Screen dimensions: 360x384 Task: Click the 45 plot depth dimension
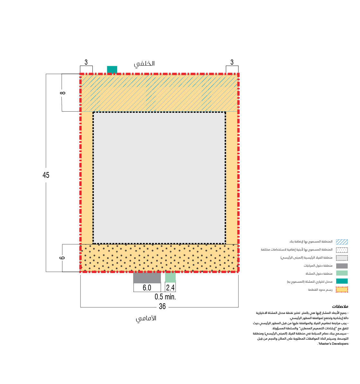[x=46, y=175]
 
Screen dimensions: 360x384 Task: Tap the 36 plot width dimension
[x=162, y=306]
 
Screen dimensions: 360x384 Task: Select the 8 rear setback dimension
[x=63, y=93]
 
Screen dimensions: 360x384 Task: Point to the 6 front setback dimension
[x=62, y=258]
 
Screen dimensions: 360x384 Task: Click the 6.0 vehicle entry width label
[x=147, y=288]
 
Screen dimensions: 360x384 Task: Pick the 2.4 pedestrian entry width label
[x=170, y=288]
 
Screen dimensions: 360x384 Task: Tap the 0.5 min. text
[x=165, y=297]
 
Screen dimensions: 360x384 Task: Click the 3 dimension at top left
[x=86, y=62]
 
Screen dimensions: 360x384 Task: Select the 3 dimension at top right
[x=232, y=62]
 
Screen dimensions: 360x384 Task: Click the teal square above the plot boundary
[x=112, y=69]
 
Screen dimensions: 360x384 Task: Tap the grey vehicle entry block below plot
[x=147, y=278]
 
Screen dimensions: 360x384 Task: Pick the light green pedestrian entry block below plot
[x=170, y=278]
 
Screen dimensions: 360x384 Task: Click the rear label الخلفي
[x=144, y=64]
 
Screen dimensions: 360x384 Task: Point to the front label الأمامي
[x=146, y=318]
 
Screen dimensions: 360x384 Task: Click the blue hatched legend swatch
[x=342, y=242]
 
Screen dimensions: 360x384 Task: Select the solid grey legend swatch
[x=342, y=266]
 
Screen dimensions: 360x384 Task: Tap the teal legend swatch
[x=342, y=281]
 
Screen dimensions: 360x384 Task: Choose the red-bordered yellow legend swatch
[x=342, y=290]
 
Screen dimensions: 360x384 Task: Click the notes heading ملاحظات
[x=340, y=306]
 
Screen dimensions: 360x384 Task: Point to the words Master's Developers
[x=333, y=344]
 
